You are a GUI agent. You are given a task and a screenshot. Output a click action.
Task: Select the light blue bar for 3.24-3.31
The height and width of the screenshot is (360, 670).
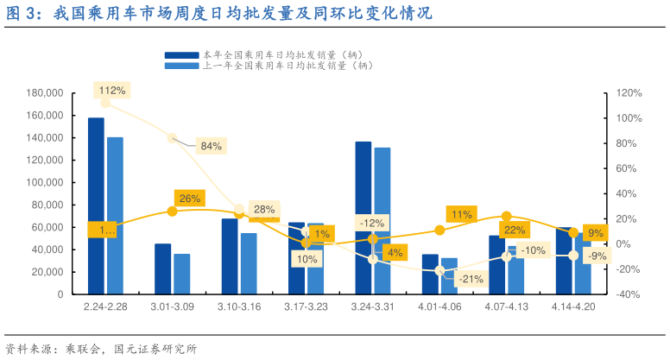pos(382,220)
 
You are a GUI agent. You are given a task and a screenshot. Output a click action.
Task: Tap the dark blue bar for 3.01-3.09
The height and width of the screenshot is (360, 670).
pos(162,268)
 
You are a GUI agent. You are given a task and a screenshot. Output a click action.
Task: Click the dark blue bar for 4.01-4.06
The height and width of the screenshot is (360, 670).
pos(430,274)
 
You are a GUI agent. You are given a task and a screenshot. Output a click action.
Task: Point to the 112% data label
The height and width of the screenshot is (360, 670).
pos(112,90)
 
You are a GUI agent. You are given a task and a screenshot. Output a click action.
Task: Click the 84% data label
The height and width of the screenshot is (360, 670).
pos(212,146)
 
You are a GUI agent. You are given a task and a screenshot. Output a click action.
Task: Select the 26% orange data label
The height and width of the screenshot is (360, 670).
pos(190,199)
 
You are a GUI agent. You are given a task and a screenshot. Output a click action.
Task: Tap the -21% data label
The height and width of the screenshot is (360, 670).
pos(471,279)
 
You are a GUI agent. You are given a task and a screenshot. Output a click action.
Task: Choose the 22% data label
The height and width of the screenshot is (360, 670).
pos(515,230)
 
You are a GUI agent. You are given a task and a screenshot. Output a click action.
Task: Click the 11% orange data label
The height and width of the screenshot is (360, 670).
pos(461,214)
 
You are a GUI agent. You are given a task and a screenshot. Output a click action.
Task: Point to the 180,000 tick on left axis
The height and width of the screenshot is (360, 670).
pos(45,93)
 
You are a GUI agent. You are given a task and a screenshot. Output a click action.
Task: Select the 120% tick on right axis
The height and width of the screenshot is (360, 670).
pos(628,93)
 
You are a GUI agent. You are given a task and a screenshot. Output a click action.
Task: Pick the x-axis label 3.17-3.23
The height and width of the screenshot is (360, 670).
pos(306,306)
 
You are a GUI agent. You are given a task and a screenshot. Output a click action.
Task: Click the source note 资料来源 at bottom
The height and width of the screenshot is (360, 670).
pos(101,349)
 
